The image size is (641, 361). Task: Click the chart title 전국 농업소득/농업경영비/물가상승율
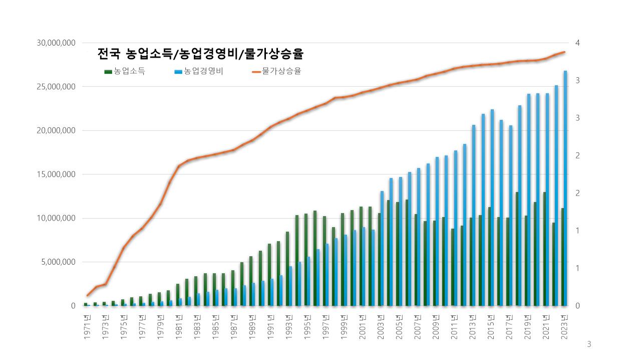click(200, 54)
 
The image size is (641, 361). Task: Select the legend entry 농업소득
click(125, 71)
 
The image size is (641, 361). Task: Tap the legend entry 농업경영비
click(199, 71)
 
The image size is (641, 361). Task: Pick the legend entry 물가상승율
click(277, 71)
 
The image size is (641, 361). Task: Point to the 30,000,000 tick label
click(56, 43)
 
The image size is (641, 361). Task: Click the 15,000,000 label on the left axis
click(56, 174)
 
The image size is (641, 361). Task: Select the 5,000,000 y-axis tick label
click(59, 262)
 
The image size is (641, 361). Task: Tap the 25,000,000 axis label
click(56, 87)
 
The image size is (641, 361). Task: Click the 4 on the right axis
click(577, 43)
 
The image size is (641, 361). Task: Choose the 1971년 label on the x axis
click(87, 327)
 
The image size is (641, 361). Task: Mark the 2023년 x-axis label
click(564, 327)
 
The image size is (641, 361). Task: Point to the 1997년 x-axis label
click(326, 327)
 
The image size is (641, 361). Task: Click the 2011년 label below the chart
click(454, 327)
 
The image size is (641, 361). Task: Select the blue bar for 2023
click(565, 188)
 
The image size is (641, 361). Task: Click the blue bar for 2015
click(492, 208)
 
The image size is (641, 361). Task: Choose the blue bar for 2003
click(382, 248)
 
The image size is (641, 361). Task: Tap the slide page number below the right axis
click(589, 344)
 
